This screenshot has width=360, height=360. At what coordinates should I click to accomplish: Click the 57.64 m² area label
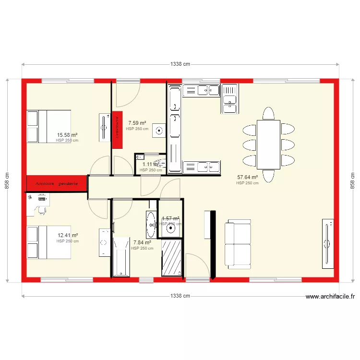point(247,177)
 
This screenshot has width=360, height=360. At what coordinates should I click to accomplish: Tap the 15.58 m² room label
point(67,135)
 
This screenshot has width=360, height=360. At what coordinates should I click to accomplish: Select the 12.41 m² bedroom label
point(67,236)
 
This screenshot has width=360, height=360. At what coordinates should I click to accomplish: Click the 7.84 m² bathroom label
point(142,243)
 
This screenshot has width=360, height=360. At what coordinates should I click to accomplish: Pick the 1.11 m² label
point(151,164)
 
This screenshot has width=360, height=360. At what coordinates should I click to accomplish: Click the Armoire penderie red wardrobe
point(56,184)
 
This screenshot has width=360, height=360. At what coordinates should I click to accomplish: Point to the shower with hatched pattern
point(172,258)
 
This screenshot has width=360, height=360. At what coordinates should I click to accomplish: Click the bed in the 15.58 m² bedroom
point(49,126)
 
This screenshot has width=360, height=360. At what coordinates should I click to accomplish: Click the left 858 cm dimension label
point(7,180)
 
